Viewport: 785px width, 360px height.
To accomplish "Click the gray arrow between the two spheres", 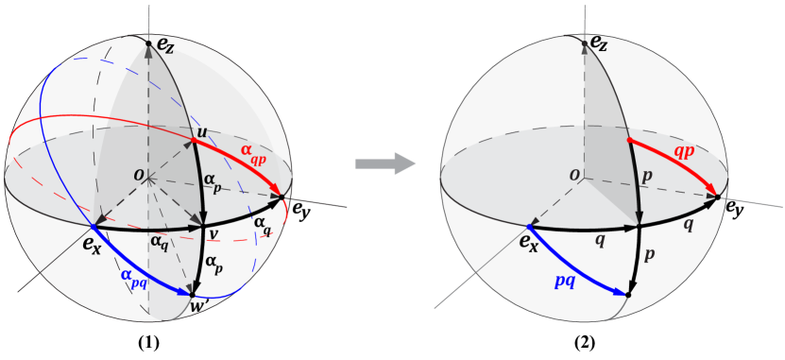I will coord(385,163).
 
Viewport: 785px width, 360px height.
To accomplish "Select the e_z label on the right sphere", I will coord(599,43).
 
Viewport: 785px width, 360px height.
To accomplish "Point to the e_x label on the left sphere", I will coord(91,246).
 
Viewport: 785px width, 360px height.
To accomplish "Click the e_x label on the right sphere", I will coord(528,245).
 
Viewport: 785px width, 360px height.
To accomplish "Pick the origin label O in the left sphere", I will coord(138,175).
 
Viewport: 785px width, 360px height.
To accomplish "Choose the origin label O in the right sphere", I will coord(573,175).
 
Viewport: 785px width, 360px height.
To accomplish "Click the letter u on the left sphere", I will coord(201,130).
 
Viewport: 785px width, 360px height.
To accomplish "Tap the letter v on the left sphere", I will coord(213,234).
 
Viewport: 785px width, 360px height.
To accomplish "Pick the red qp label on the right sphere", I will coord(685,151).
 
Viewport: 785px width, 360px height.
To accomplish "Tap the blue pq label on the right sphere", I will coord(566,280).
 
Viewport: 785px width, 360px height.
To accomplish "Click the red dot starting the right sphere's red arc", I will coord(629,140).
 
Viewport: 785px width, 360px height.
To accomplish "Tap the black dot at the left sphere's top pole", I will coord(148,42).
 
